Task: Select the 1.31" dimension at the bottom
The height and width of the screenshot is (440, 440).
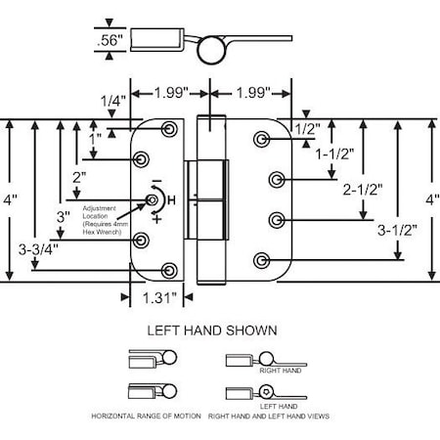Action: click(x=158, y=297)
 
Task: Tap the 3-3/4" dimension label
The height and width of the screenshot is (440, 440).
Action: click(x=37, y=250)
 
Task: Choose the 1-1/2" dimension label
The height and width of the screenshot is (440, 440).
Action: click(x=335, y=154)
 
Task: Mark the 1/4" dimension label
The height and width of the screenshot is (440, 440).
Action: click(x=111, y=101)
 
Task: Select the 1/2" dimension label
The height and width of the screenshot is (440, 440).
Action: click(x=308, y=128)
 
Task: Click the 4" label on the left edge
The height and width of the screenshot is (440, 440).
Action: click(x=10, y=199)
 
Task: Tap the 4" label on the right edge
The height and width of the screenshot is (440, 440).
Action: click(x=430, y=199)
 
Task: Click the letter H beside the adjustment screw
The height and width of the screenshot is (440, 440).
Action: click(x=172, y=200)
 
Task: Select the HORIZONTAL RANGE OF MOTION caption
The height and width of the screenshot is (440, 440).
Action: click(x=146, y=417)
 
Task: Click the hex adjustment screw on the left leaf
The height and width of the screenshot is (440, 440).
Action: click(x=153, y=200)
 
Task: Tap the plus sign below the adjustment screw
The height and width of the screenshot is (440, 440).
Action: click(x=155, y=220)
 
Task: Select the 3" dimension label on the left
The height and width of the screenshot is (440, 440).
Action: click(x=64, y=216)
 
